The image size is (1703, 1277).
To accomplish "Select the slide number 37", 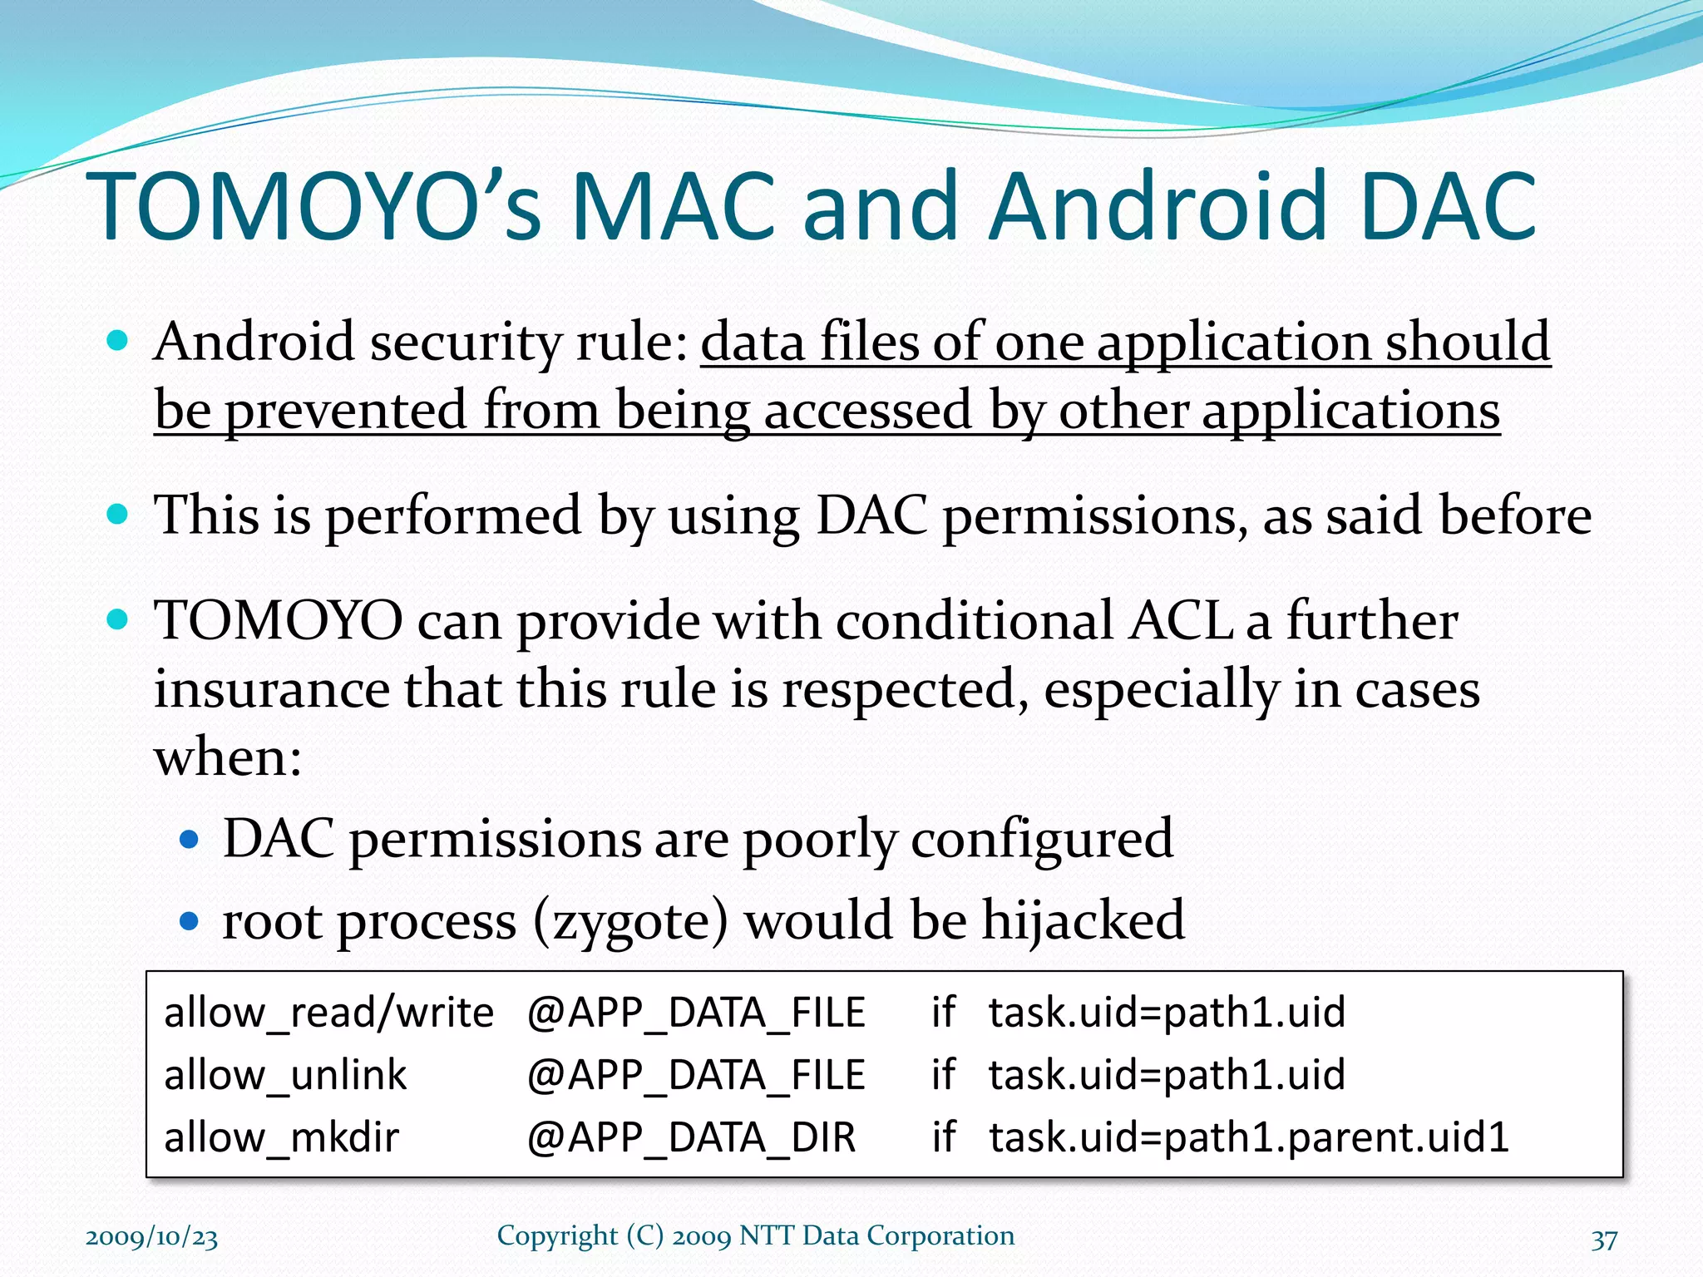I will click(1604, 1240).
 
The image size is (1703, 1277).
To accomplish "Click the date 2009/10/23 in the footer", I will click(152, 1237).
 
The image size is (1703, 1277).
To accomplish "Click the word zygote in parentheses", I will click(629, 922).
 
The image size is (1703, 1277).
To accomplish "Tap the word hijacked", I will click(1083, 920).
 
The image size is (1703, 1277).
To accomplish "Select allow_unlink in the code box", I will click(285, 1075).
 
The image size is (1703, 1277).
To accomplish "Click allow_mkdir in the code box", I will click(281, 1137).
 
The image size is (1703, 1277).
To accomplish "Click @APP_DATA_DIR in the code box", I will click(691, 1137).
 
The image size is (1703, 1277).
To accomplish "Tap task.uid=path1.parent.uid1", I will click(1248, 1137).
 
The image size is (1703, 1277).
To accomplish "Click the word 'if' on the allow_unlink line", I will click(943, 1074).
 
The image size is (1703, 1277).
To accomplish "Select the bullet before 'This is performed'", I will click(118, 514).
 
